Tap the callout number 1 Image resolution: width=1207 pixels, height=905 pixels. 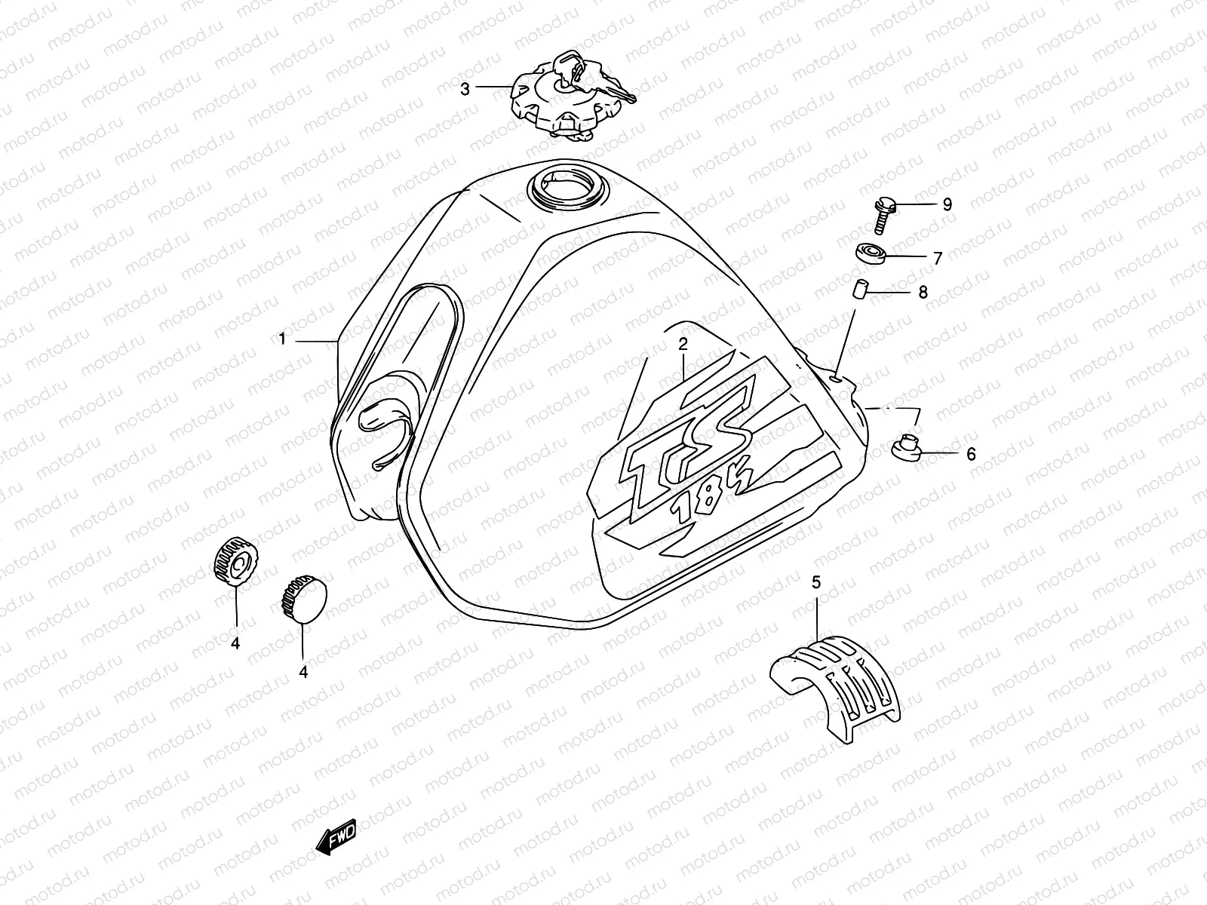pyautogui.click(x=283, y=339)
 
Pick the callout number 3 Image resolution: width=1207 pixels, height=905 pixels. pyautogui.click(x=465, y=89)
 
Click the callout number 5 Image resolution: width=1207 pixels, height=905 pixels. pyautogui.click(x=816, y=581)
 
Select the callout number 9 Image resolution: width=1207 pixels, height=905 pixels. pyautogui.click(x=947, y=204)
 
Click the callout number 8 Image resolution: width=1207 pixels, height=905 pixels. pyautogui.click(x=923, y=292)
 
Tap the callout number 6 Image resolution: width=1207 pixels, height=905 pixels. pyautogui.click(x=971, y=454)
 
